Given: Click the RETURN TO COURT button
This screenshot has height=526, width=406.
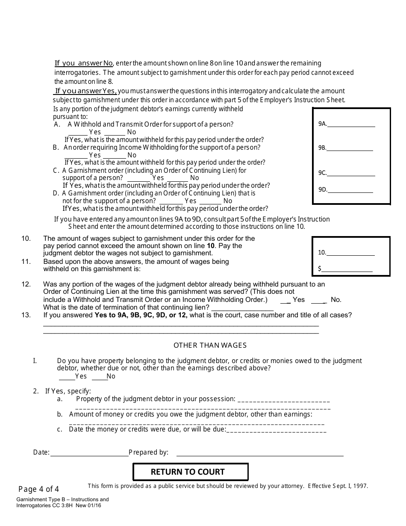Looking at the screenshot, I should click(x=191, y=472).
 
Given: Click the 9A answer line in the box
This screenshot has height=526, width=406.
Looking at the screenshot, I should click(x=351, y=125).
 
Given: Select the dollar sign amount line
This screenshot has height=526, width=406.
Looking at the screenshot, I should click(x=347, y=269).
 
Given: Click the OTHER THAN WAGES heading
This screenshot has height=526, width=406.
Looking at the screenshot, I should click(x=210, y=345).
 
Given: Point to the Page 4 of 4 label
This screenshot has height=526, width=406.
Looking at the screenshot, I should click(x=39, y=489).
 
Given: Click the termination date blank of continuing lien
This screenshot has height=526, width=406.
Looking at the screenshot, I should click(x=242, y=308).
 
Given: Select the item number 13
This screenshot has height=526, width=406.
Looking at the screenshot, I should click(x=26, y=315).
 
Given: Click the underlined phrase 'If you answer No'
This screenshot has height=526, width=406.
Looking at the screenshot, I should click(x=84, y=63).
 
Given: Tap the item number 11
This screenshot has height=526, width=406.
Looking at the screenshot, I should click(x=26, y=261).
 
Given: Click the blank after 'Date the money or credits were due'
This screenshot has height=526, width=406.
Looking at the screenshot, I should click(x=276, y=430).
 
